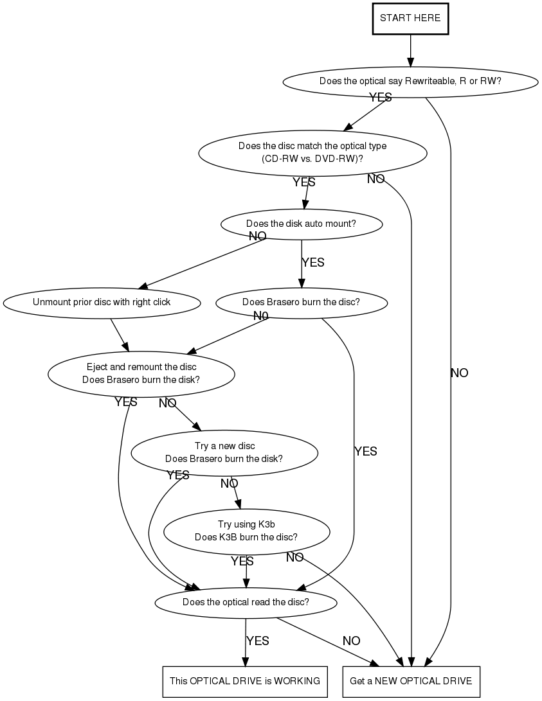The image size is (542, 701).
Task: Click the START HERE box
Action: [410, 18]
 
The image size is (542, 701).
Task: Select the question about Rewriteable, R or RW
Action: [410, 81]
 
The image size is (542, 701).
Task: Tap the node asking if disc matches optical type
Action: [312, 152]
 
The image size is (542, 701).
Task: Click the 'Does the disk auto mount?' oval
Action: [302, 224]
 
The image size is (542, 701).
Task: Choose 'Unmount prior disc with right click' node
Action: [102, 301]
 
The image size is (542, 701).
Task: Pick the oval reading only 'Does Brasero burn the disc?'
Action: [302, 302]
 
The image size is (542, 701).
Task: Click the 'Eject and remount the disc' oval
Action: [141, 373]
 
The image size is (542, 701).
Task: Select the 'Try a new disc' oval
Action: [224, 452]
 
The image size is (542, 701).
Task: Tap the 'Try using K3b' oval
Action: [246, 531]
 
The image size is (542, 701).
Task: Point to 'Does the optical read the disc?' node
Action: [246, 602]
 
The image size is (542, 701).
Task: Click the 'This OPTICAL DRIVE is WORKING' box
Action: [244, 680]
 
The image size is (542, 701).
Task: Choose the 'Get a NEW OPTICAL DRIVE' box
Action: [411, 680]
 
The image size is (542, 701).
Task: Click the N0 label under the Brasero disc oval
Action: [260, 315]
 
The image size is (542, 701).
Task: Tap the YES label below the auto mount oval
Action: [313, 262]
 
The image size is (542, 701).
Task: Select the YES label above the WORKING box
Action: [258, 641]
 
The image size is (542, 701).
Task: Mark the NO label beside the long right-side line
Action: [460, 373]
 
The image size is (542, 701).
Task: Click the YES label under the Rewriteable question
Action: [380, 97]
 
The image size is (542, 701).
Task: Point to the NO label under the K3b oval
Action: [295, 557]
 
